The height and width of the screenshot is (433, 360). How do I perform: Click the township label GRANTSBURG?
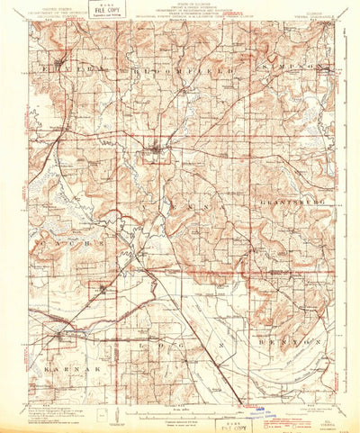tap(287, 203)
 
